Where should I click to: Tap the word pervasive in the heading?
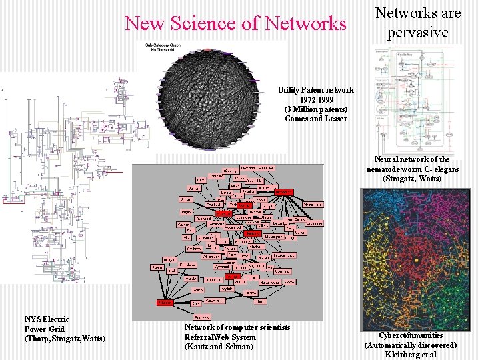[x=418, y=31]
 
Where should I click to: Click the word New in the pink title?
[x=145, y=23]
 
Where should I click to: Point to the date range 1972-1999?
[x=315, y=99]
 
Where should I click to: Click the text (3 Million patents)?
[x=315, y=109]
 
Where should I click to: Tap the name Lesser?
[x=335, y=119]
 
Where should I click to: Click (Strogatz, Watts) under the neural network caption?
[x=411, y=179]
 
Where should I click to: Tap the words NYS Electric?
[x=46, y=320]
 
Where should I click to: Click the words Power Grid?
[x=44, y=329]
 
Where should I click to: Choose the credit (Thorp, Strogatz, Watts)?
[x=65, y=339]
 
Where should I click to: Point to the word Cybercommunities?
[x=411, y=335]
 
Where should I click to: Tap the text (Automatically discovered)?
[x=411, y=345]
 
